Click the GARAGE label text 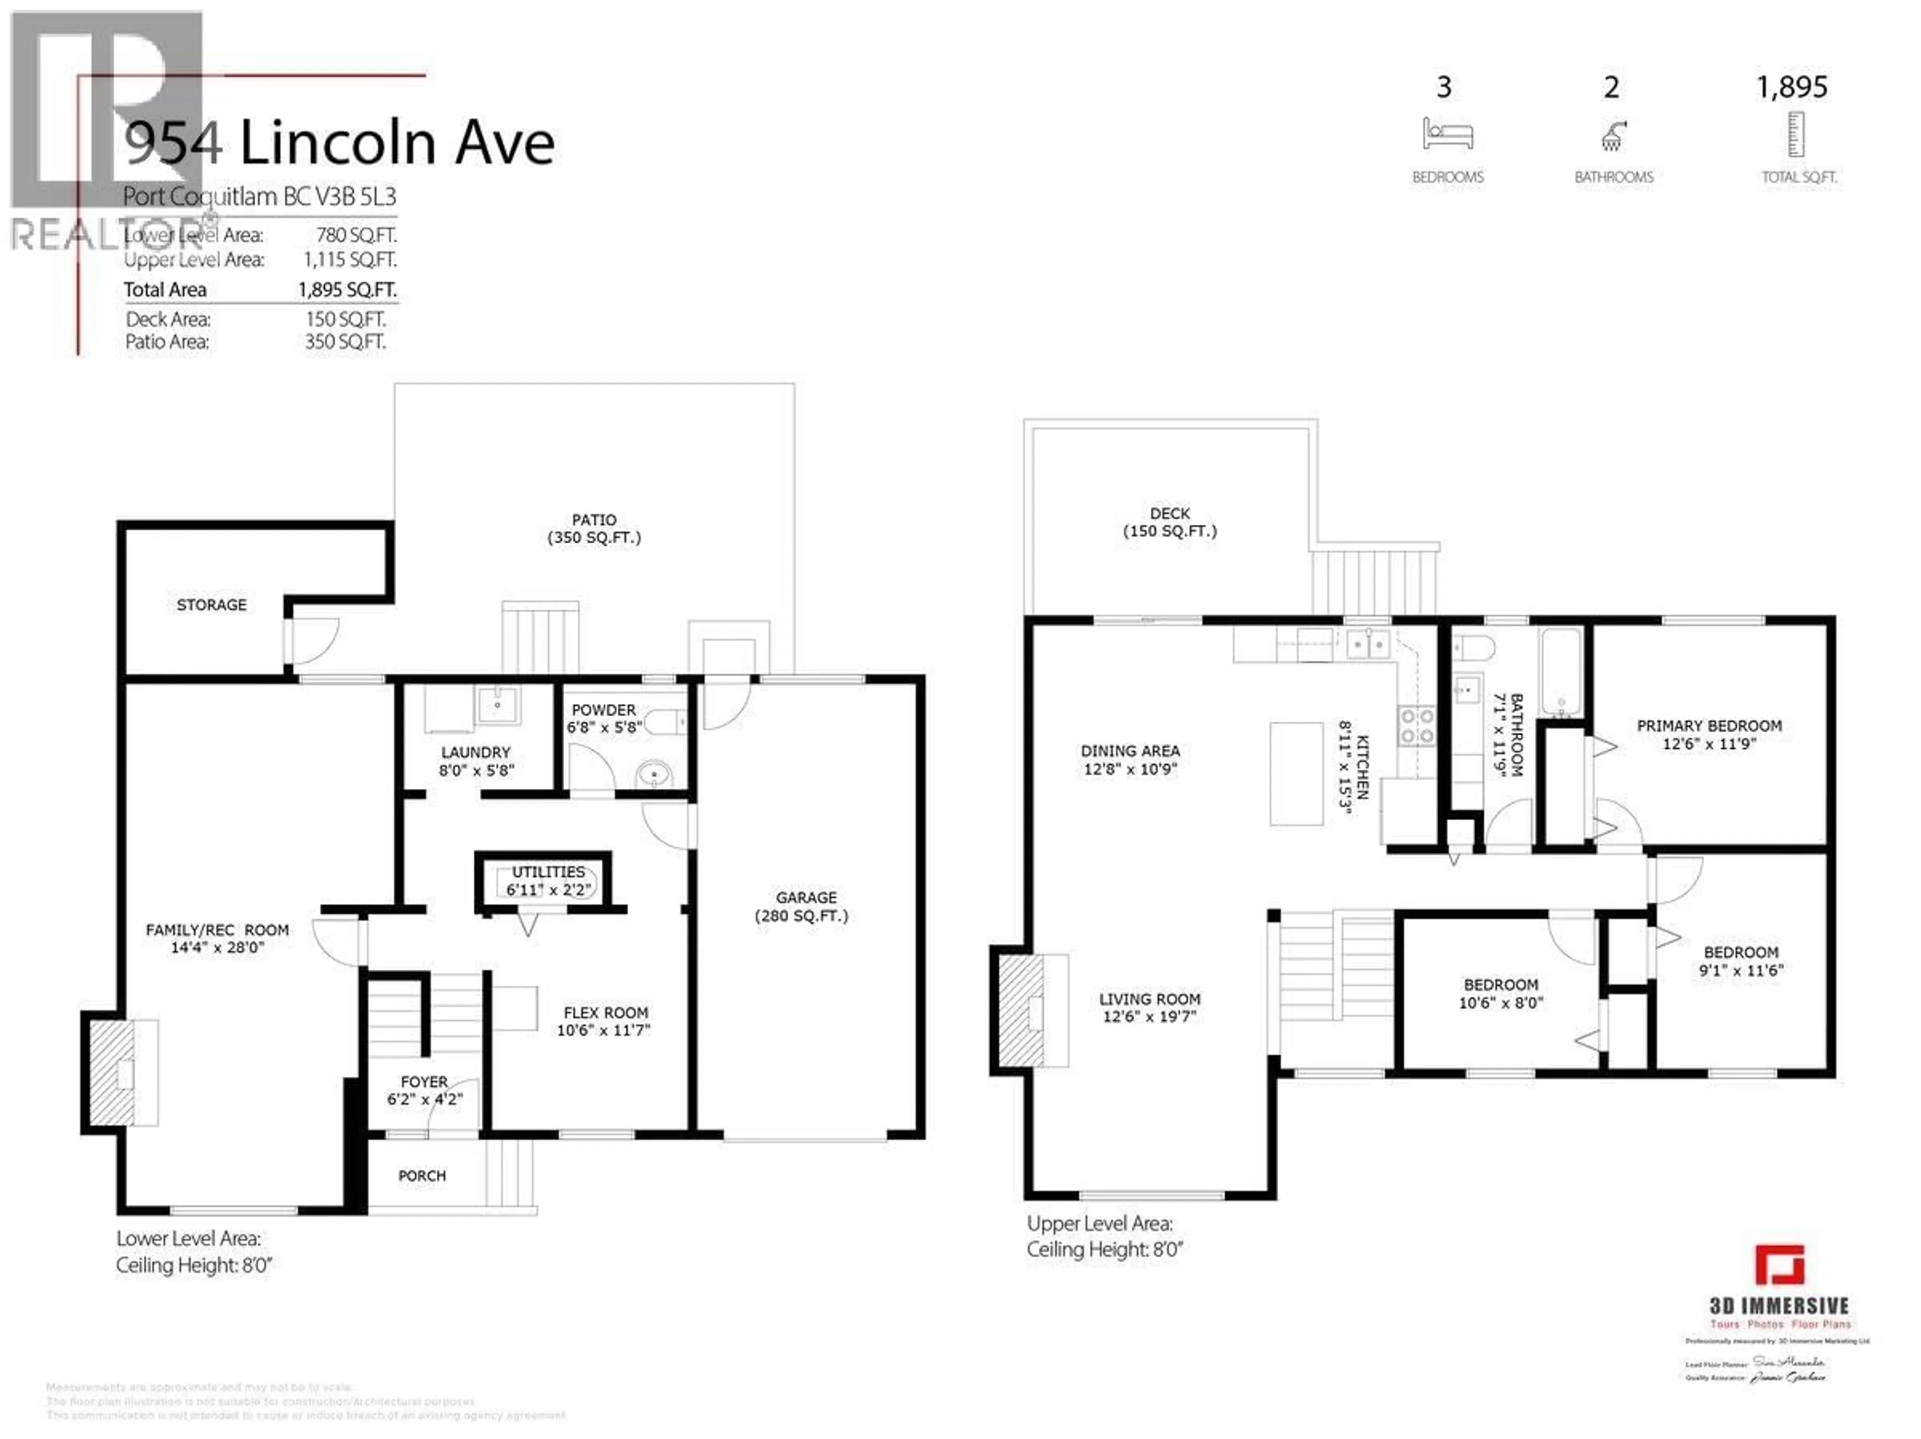[x=806, y=897]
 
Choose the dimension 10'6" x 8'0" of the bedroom [x=1501, y=1003]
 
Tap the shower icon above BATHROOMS [x=1613, y=136]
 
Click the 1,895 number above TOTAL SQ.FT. [x=1791, y=87]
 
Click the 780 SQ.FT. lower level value [x=356, y=236]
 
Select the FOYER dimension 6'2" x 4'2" [x=425, y=1099]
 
